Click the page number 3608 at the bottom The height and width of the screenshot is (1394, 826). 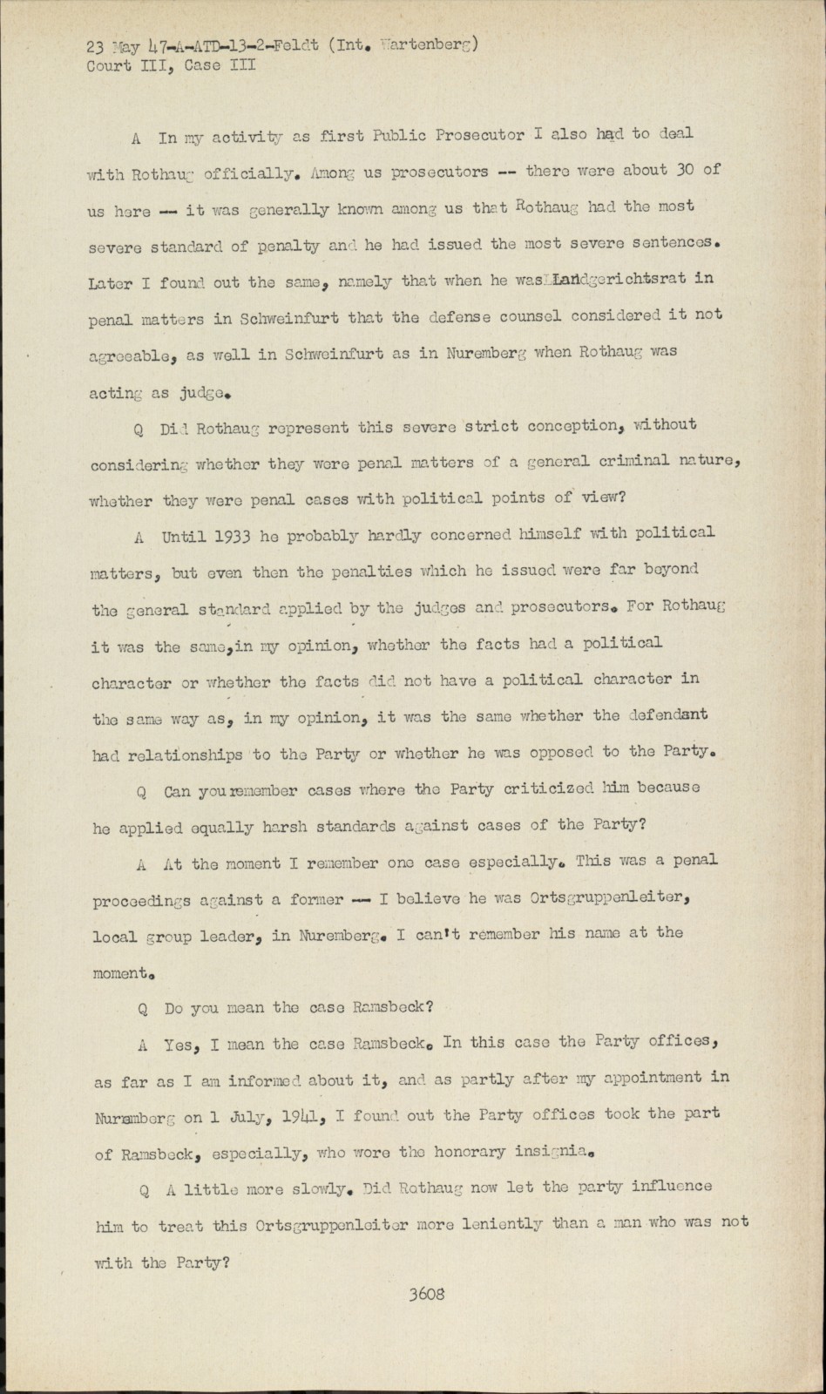(427, 1294)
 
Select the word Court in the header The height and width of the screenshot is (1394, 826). (109, 66)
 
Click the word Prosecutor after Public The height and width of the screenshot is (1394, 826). (480, 135)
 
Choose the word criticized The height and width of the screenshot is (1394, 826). (552, 789)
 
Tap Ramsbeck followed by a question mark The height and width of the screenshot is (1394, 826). (391, 1007)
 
